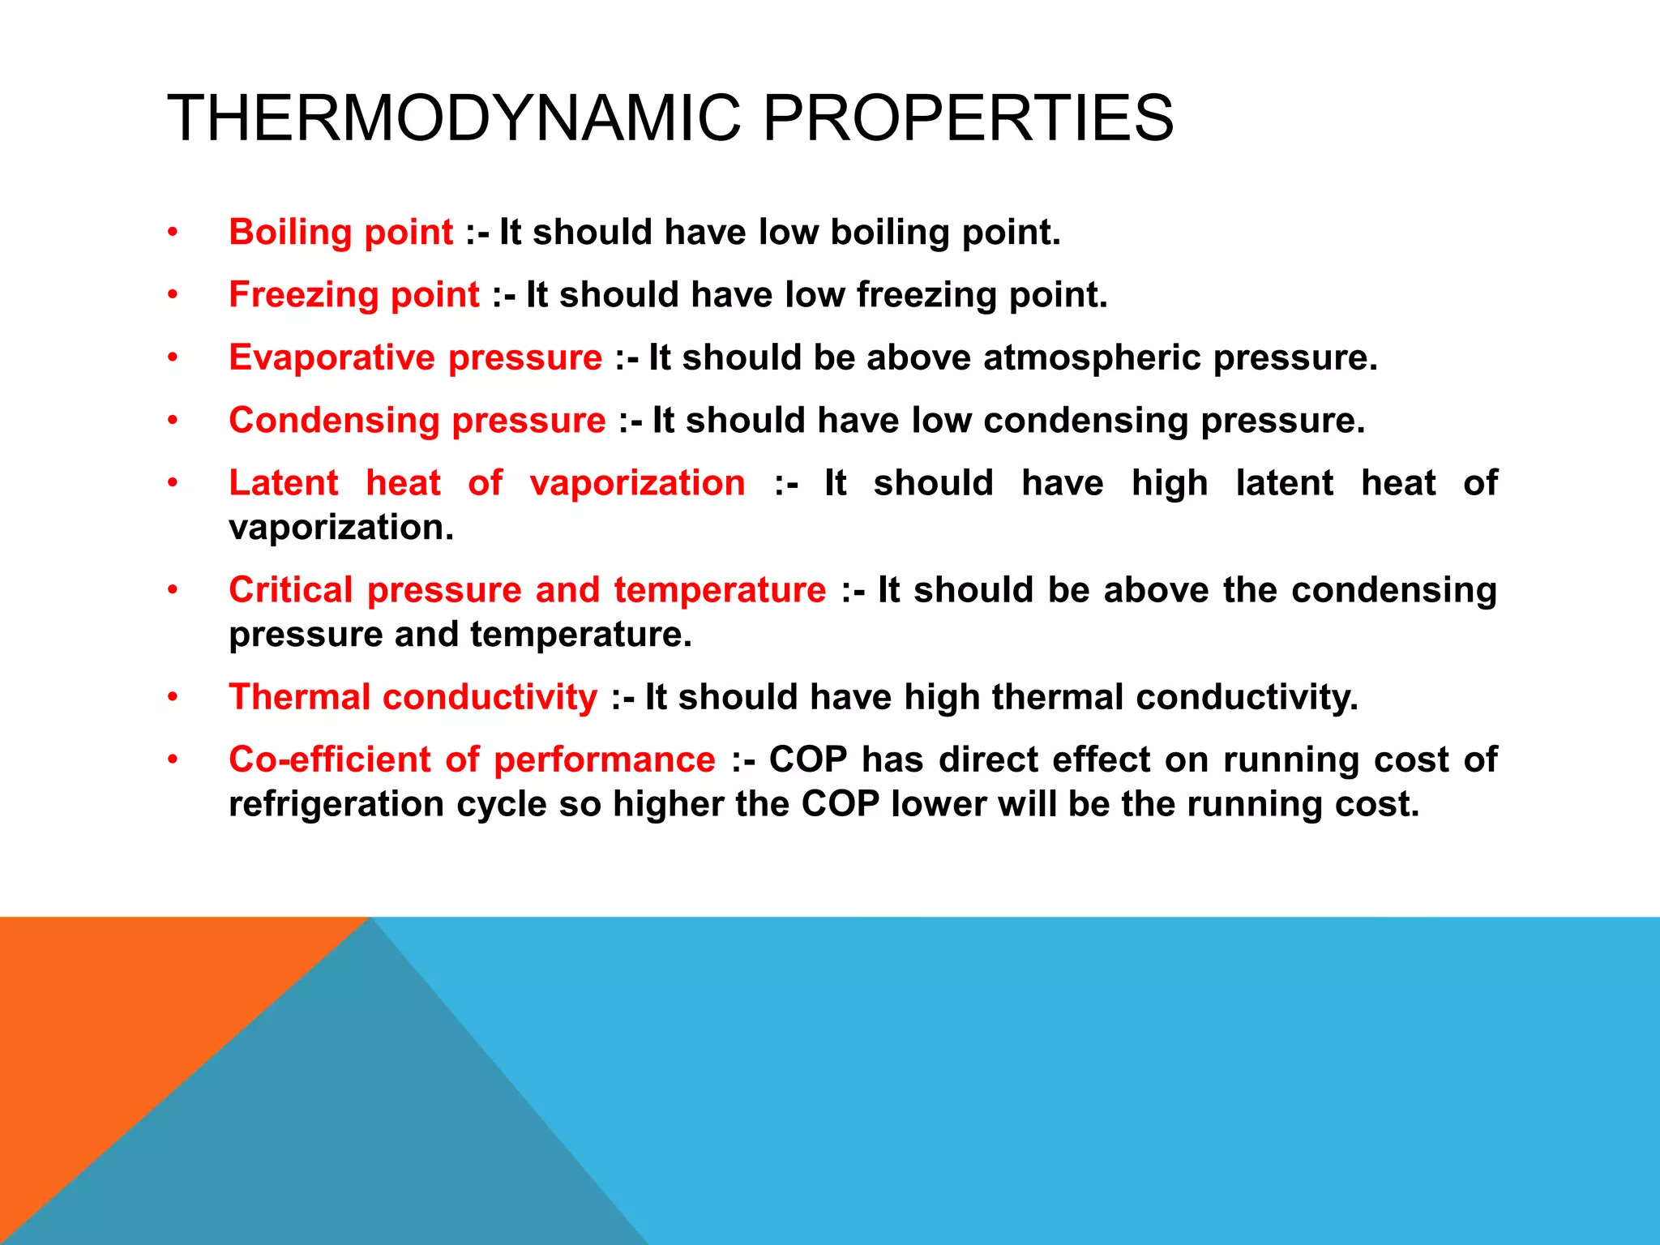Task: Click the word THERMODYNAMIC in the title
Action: (454, 118)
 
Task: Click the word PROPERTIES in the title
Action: (968, 118)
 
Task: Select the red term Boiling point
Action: (340, 233)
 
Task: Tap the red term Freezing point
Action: (354, 295)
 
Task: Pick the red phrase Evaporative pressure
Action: (415, 358)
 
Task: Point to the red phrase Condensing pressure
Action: (417, 421)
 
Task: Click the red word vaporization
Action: (637, 483)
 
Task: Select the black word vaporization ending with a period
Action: (341, 528)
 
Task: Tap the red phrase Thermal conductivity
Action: (413, 697)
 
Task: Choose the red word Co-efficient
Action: (330, 759)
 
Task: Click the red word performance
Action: (605, 759)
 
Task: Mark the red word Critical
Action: (290, 590)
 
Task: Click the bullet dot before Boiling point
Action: (172, 233)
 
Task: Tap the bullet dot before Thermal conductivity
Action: (172, 697)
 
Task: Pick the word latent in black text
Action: (1284, 483)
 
